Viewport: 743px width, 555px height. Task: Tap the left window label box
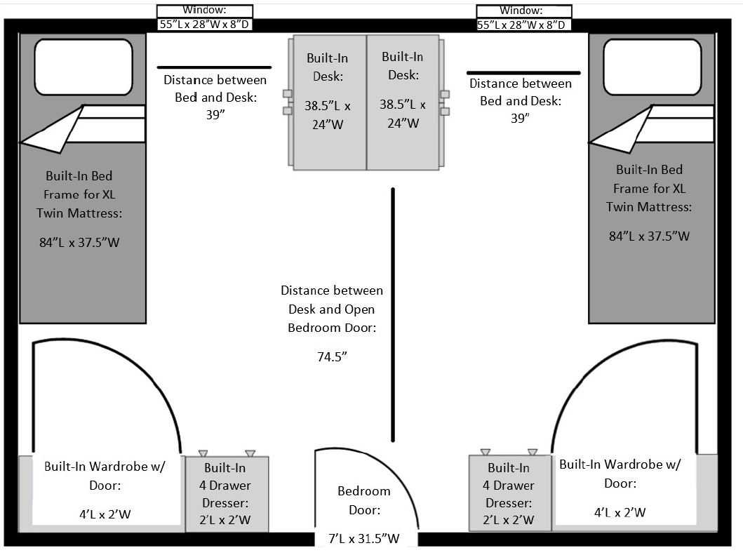pyautogui.click(x=204, y=18)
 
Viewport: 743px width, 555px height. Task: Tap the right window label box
pyautogui.click(x=523, y=18)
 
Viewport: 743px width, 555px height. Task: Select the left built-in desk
pyautogui.click(x=328, y=102)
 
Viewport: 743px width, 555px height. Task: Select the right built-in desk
pyautogui.click(x=402, y=102)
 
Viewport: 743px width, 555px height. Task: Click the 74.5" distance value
pyautogui.click(x=333, y=356)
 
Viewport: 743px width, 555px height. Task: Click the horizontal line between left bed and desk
pyautogui.click(x=208, y=68)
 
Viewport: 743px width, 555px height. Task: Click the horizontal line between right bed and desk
pyautogui.click(x=523, y=72)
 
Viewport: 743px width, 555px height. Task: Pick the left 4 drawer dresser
pyautogui.click(x=227, y=494)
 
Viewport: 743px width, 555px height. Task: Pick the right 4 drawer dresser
pyautogui.click(x=510, y=493)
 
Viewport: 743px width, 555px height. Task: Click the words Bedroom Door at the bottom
pyautogui.click(x=363, y=500)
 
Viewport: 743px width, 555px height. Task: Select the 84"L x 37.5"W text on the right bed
pyautogui.click(x=649, y=236)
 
